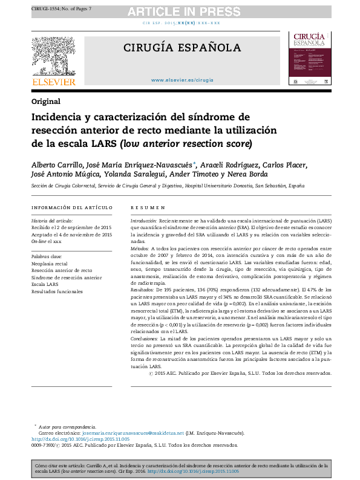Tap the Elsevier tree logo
53,59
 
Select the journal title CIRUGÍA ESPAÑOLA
182,48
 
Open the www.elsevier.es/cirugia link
182,80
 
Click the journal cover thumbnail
309,59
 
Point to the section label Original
46,101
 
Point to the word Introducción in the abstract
144,222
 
